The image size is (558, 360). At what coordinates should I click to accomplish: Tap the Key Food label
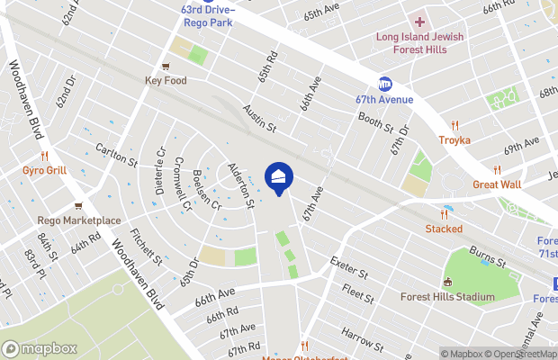(x=165, y=80)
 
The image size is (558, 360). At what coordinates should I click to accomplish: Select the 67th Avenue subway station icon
(x=386, y=84)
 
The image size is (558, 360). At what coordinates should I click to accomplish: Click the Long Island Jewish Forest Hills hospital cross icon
(x=419, y=21)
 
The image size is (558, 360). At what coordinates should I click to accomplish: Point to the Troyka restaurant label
(x=454, y=139)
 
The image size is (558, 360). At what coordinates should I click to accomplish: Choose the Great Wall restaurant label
(x=497, y=184)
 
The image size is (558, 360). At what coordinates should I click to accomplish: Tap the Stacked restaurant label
(x=444, y=229)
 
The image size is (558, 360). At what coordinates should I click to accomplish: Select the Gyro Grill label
(x=42, y=170)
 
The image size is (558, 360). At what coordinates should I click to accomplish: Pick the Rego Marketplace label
(x=79, y=220)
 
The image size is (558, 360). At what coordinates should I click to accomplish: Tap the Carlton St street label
(x=117, y=155)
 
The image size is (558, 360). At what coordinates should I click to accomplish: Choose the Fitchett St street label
(x=145, y=247)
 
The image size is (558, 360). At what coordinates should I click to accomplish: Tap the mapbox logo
(x=39, y=348)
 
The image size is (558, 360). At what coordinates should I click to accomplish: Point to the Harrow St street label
(x=363, y=339)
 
